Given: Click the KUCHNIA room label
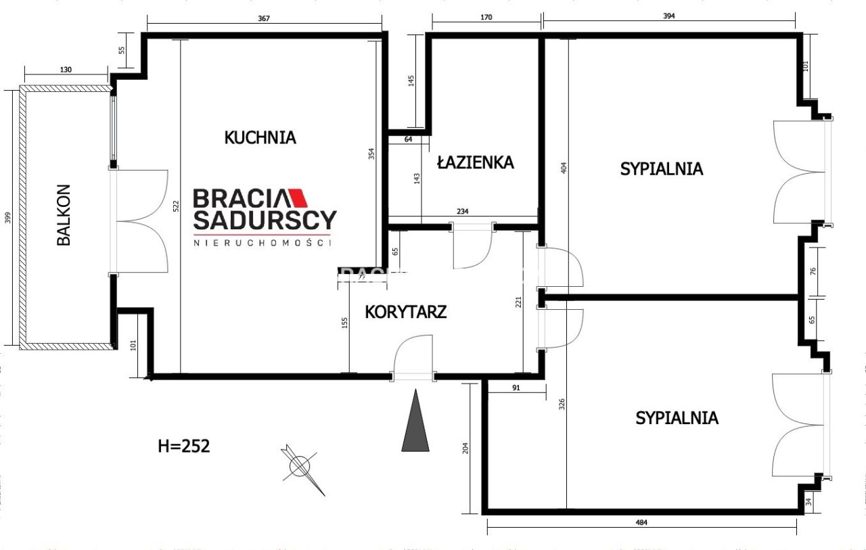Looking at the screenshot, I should coord(260,137).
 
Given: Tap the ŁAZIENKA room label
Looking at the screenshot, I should coord(475,162).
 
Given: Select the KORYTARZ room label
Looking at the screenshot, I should coord(405,312).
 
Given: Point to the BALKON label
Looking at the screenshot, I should coord(64,214).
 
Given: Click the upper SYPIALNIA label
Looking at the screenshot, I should coord(661,168).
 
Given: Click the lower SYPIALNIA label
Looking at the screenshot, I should coord(677,418).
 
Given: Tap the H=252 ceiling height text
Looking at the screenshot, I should coord(183,446).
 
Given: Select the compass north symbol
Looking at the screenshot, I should coord(300,466).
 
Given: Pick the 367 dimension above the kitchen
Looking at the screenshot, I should coord(264,18).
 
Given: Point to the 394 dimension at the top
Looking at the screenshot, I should coord(669,16).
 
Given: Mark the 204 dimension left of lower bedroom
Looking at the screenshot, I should coord(464,449).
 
